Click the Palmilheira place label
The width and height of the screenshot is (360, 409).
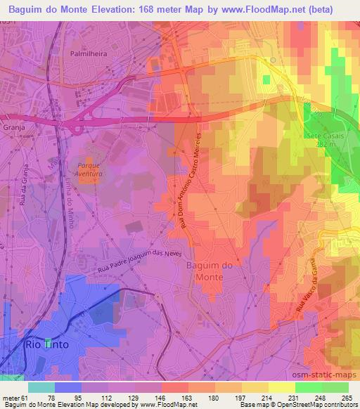[x=88, y=52]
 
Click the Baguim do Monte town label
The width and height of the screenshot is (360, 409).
[x=205, y=271]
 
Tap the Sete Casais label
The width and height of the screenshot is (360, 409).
[x=323, y=135]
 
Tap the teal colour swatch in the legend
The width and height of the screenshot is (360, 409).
[x=41, y=387]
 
